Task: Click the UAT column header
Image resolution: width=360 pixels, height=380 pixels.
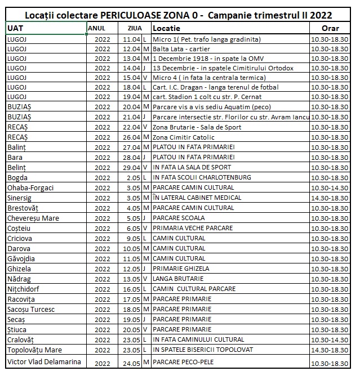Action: [x=15, y=28]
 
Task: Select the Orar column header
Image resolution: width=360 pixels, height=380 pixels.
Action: [x=330, y=28]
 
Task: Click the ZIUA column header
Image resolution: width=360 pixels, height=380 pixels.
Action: [x=135, y=28]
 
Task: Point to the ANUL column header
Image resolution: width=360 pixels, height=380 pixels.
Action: [x=96, y=28]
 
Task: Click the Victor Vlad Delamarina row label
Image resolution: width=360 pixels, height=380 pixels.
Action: [x=43, y=361]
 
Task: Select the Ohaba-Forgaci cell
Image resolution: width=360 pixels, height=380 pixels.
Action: [x=32, y=188]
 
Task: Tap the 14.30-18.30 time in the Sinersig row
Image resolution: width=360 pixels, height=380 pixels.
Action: [x=330, y=198]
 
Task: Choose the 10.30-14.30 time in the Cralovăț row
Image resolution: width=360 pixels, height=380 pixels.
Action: [x=330, y=340]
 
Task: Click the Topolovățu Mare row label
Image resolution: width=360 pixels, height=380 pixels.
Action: [x=34, y=350]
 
